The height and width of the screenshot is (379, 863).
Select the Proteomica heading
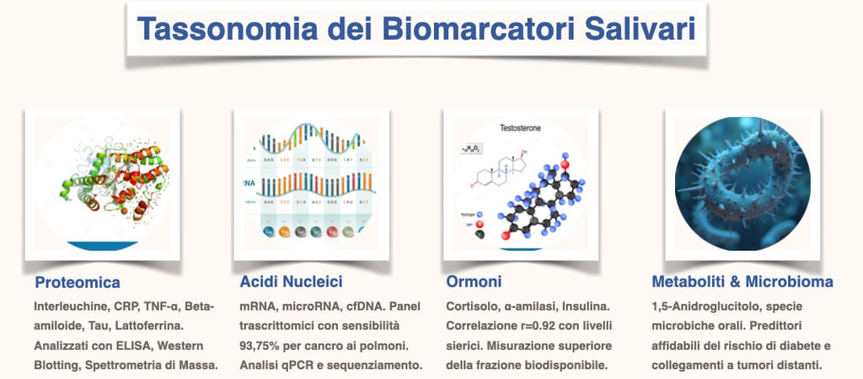(x=78, y=282)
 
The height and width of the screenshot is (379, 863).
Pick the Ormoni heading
(x=474, y=282)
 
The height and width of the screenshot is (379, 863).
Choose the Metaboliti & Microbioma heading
(x=742, y=281)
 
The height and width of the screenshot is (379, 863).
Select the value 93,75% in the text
(x=262, y=345)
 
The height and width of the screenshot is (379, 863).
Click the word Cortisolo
(x=471, y=305)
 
